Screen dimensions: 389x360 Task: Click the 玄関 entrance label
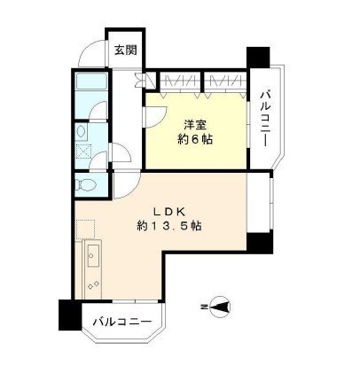point(125,51)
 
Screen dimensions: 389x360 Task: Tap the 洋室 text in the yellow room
point(197,123)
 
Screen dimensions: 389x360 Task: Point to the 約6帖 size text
point(197,139)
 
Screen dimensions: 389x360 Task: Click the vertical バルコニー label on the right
point(264,118)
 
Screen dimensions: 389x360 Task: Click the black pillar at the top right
point(257,54)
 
